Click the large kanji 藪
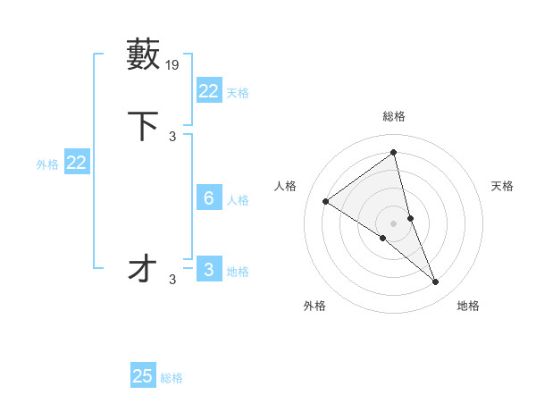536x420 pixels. [144, 55]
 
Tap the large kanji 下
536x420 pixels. [144, 126]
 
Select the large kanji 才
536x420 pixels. [144, 268]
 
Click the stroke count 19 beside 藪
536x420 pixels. [172, 65]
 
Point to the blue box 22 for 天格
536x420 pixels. [208, 91]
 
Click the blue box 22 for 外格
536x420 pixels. [76, 163]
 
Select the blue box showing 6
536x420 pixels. [208, 198]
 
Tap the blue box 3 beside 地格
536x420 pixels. [208, 270]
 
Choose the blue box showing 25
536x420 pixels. [143, 376]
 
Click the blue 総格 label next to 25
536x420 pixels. [172, 378]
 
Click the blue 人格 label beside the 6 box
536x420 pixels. [238, 200]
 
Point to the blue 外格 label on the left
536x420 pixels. [47, 164]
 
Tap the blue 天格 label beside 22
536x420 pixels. [238, 93]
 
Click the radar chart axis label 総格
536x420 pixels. [394, 116]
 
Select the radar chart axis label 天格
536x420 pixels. [503, 186]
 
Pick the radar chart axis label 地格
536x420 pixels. [468, 306]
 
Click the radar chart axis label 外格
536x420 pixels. [314, 306]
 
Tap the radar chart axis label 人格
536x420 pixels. [286, 186]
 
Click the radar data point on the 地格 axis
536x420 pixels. [436, 282]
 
